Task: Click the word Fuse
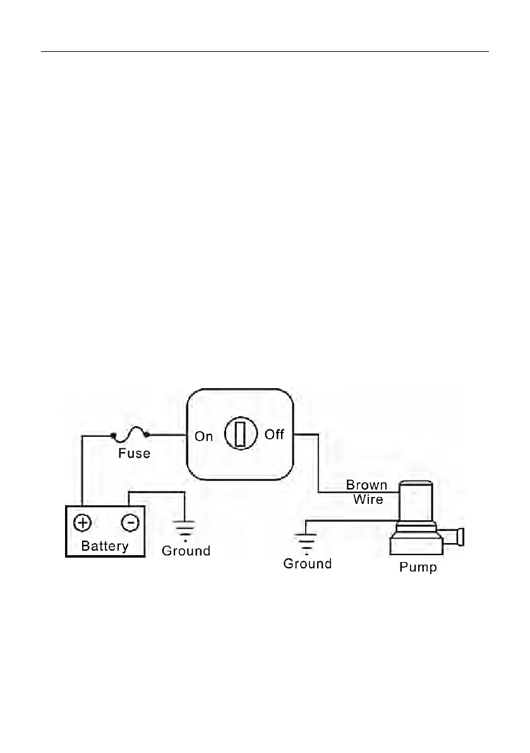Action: (135, 453)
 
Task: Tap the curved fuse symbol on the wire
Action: (130, 434)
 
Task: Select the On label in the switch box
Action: (203, 436)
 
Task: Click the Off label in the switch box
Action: (274, 435)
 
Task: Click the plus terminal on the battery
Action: (83, 522)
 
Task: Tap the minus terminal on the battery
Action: (129, 522)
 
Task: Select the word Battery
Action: (105, 546)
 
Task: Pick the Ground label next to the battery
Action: (186, 551)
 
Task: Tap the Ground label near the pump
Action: (307, 563)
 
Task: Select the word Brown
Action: (366, 486)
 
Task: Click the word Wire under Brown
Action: (368, 499)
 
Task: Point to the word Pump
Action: (418, 567)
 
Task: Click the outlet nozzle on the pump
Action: (459, 537)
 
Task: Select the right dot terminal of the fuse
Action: (147, 434)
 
